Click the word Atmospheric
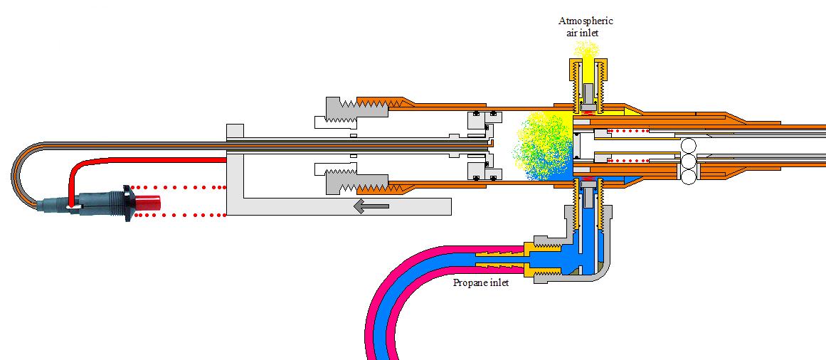point(586,21)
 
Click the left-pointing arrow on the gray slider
point(371,206)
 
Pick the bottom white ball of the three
point(689,178)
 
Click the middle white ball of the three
point(689,162)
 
